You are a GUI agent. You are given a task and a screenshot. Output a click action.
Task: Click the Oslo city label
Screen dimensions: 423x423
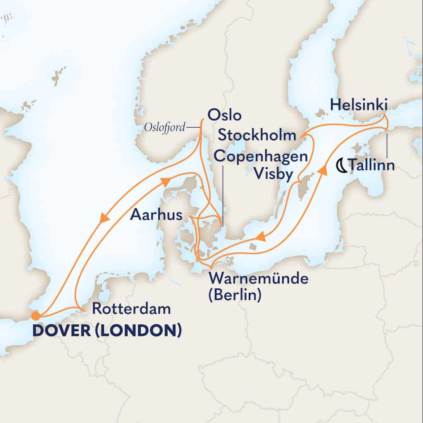225,116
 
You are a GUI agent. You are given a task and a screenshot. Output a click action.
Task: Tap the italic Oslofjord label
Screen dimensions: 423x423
164,128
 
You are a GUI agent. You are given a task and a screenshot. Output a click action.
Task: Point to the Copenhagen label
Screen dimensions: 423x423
261,157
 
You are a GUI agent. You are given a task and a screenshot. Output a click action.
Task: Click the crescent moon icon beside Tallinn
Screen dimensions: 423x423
342,165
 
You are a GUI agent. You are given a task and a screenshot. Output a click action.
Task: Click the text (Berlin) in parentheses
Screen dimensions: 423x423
235,296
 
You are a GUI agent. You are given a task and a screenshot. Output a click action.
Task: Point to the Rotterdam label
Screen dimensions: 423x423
131,308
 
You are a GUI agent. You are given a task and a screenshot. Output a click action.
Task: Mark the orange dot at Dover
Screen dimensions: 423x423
36,316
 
